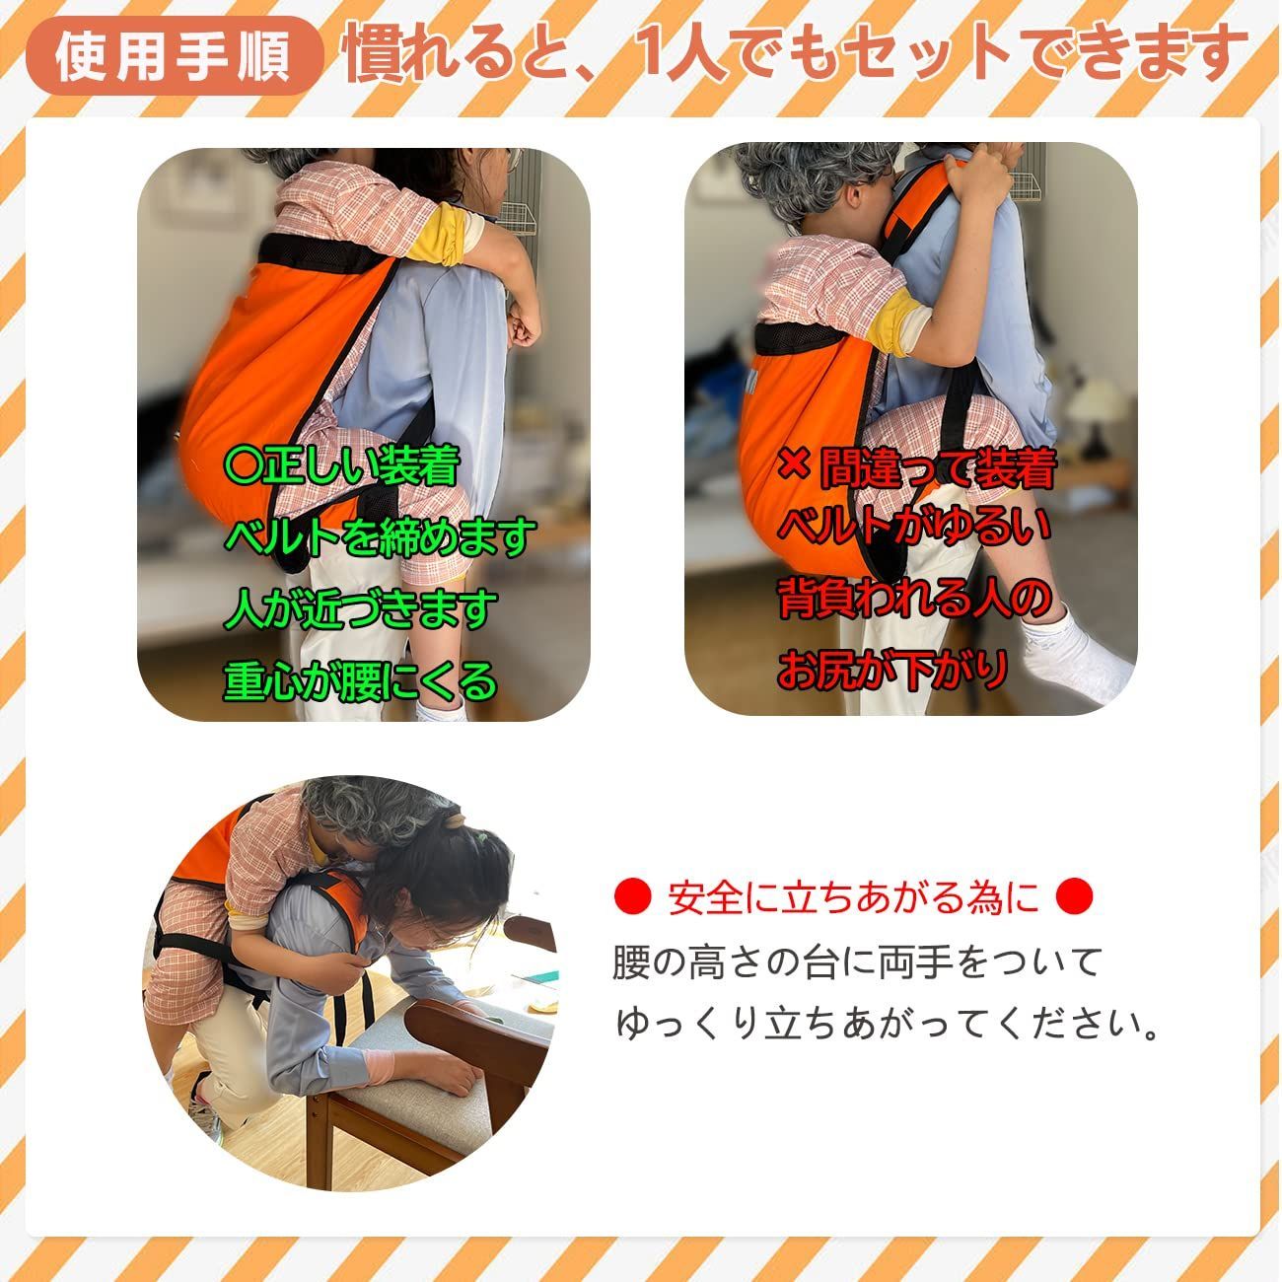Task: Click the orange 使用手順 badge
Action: [174, 56]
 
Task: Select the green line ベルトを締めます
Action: [380, 536]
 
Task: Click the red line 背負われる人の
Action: [914, 600]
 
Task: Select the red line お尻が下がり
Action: [891, 670]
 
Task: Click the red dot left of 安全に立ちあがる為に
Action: [632, 895]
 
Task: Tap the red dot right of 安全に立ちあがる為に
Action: [1074, 895]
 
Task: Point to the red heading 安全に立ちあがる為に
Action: [853, 896]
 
